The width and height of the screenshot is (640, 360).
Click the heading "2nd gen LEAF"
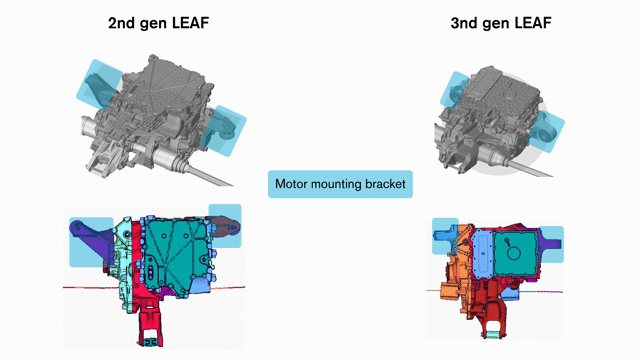[x=158, y=23]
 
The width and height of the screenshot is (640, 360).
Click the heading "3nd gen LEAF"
[x=501, y=23]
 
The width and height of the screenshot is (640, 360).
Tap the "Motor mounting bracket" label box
[x=340, y=184]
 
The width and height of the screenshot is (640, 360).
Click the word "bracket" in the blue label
[x=385, y=184]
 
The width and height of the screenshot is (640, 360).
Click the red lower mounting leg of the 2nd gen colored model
[x=150, y=322]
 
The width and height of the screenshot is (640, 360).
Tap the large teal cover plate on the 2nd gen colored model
[x=177, y=253]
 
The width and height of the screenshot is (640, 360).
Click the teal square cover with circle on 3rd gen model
[x=514, y=252]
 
